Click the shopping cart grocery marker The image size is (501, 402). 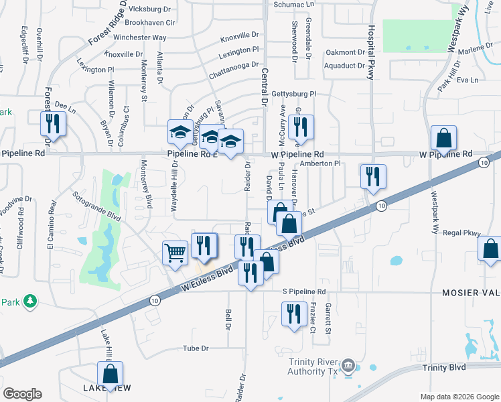point(175,253)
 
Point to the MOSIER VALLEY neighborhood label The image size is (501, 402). point(470,293)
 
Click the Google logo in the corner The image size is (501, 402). point(22,394)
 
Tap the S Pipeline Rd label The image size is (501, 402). point(303,292)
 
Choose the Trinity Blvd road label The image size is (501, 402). point(444,368)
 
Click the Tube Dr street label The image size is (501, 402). point(196,349)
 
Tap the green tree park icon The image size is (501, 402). point(29,302)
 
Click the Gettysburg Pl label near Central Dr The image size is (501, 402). point(293,94)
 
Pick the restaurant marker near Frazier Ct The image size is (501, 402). point(293,314)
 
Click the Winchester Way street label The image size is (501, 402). point(139,38)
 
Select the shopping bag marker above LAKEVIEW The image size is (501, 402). point(109,374)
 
